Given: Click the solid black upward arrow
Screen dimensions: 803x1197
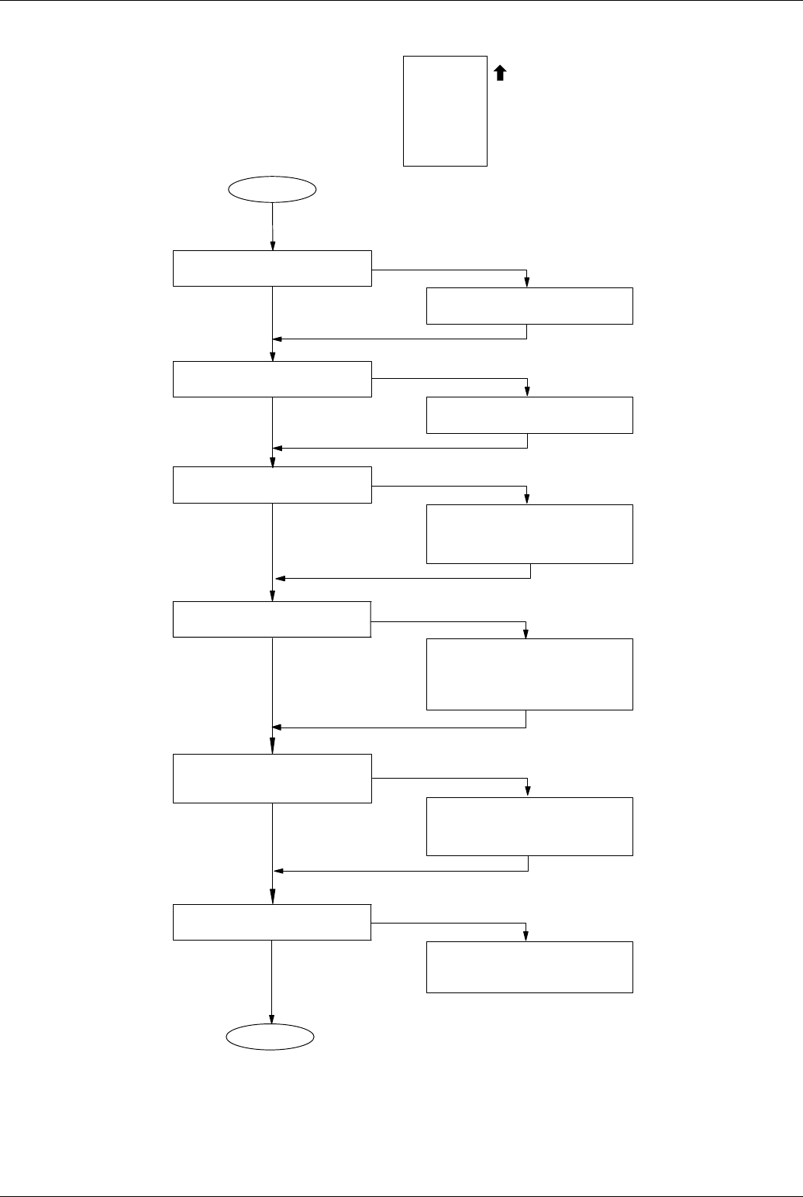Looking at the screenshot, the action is click(x=500, y=73).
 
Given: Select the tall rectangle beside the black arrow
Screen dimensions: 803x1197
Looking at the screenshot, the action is click(x=445, y=111).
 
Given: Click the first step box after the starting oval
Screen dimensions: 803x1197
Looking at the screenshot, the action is click(x=272, y=268).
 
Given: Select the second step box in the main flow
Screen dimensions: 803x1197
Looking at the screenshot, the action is click(x=272, y=379).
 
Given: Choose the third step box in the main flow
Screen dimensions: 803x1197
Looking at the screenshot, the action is click(x=272, y=485).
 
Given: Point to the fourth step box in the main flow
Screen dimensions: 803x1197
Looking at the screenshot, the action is click(x=272, y=619).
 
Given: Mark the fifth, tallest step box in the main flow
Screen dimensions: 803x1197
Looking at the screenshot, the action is click(x=272, y=778).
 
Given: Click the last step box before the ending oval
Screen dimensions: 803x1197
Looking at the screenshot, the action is click(x=272, y=922).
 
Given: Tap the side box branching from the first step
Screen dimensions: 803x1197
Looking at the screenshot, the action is click(x=529, y=305).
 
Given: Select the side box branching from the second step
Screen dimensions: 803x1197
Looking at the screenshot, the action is click(x=529, y=415).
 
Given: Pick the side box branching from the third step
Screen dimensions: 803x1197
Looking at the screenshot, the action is click(x=529, y=534).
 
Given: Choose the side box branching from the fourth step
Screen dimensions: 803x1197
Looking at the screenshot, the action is click(x=529, y=674).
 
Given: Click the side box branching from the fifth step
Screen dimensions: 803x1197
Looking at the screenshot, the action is click(x=529, y=826).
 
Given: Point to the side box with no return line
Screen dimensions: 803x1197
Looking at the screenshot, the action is click(x=529, y=967).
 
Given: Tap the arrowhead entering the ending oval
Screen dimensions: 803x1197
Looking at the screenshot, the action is click(x=272, y=1019).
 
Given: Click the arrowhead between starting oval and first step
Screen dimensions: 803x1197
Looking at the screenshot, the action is click(x=273, y=246).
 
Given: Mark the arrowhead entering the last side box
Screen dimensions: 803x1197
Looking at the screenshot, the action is click(x=527, y=937).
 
